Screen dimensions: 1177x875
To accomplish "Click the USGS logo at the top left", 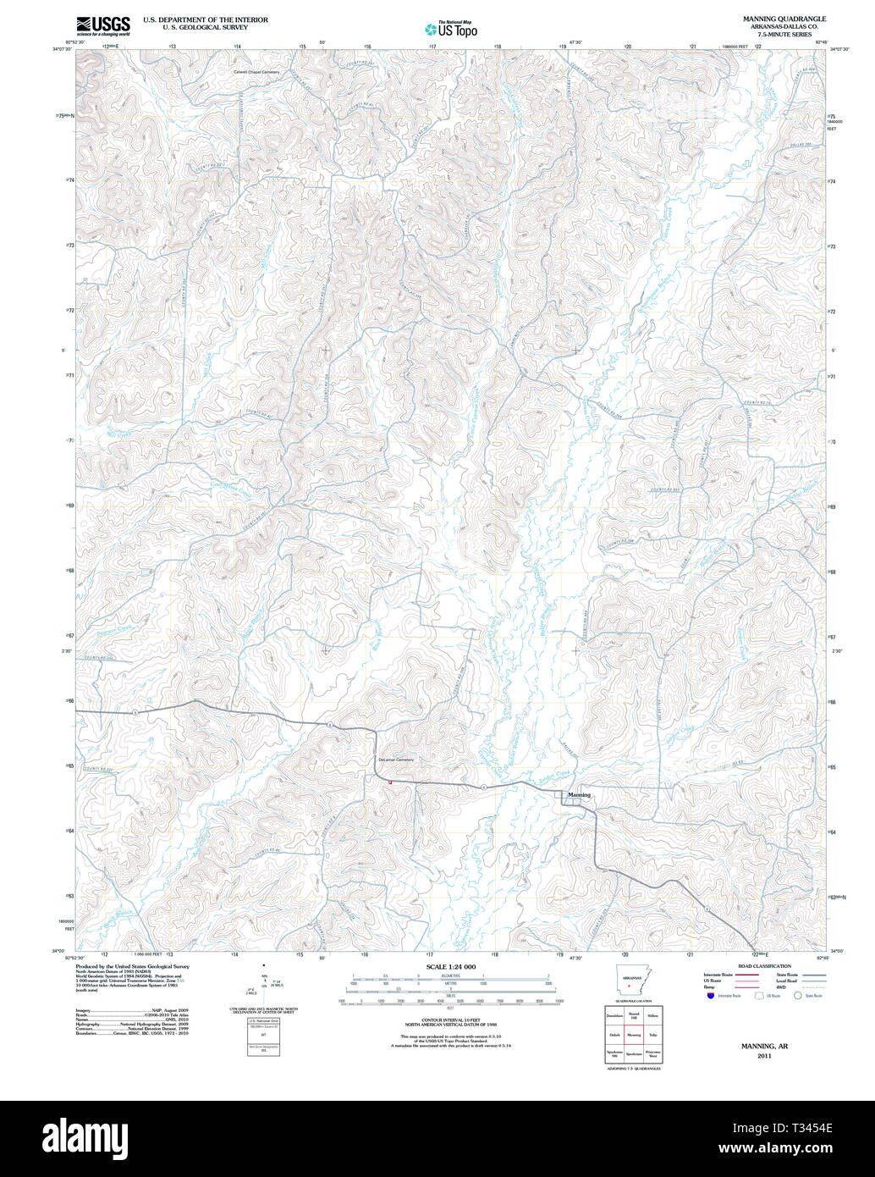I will point(103,25).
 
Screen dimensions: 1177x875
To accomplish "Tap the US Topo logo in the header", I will point(451,30).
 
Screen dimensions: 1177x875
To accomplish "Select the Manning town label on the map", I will point(580,795).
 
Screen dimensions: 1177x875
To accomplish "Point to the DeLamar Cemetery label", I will point(395,760).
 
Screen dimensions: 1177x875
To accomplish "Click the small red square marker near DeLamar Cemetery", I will point(390,782).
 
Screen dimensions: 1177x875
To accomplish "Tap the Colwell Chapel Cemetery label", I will point(256,72).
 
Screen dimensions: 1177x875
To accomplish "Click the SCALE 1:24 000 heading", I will point(451,967).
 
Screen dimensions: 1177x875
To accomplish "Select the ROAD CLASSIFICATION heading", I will point(764,966).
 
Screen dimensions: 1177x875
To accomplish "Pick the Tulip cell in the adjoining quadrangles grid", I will point(652,1035).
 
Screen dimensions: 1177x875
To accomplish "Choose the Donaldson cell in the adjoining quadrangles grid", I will point(614,1014).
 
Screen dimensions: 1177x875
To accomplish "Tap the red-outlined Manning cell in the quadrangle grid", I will point(634,1035).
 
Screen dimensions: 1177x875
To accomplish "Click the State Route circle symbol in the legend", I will point(796,996).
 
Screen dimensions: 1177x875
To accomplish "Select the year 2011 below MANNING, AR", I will point(764,1056).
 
